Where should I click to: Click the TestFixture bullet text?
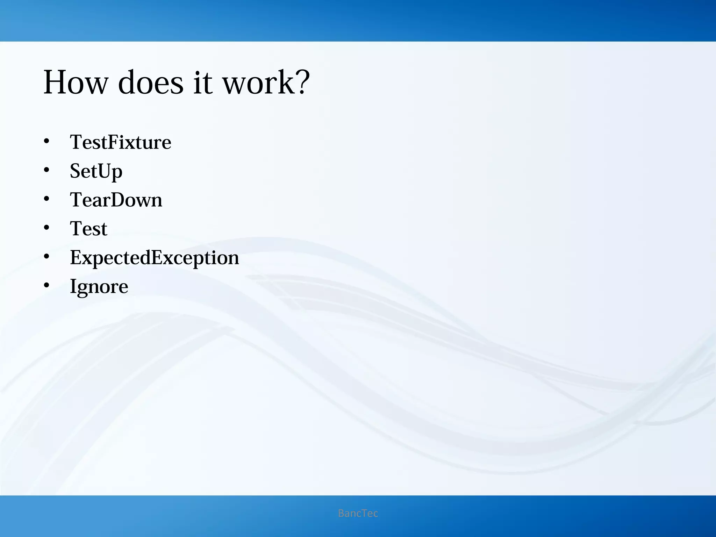(x=120, y=142)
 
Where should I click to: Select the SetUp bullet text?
(x=96, y=171)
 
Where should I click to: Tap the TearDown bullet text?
(x=116, y=200)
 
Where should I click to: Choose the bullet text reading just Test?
(x=88, y=229)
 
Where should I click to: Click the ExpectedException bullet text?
(x=154, y=258)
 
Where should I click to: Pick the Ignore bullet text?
(x=99, y=287)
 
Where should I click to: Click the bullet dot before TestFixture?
(x=46, y=142)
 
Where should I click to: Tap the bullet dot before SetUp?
(x=46, y=170)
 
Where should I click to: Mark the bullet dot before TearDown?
(x=46, y=199)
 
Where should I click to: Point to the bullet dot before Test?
(x=46, y=228)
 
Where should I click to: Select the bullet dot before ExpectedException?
(x=46, y=257)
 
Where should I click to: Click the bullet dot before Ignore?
(x=46, y=286)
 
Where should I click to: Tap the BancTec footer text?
(x=358, y=513)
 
